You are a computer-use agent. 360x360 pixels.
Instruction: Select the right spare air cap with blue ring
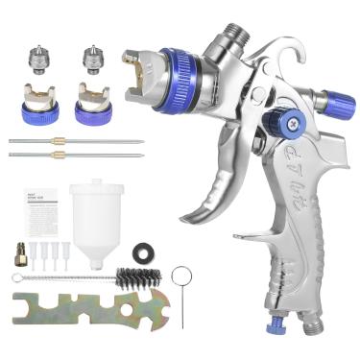tap(93, 98)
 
